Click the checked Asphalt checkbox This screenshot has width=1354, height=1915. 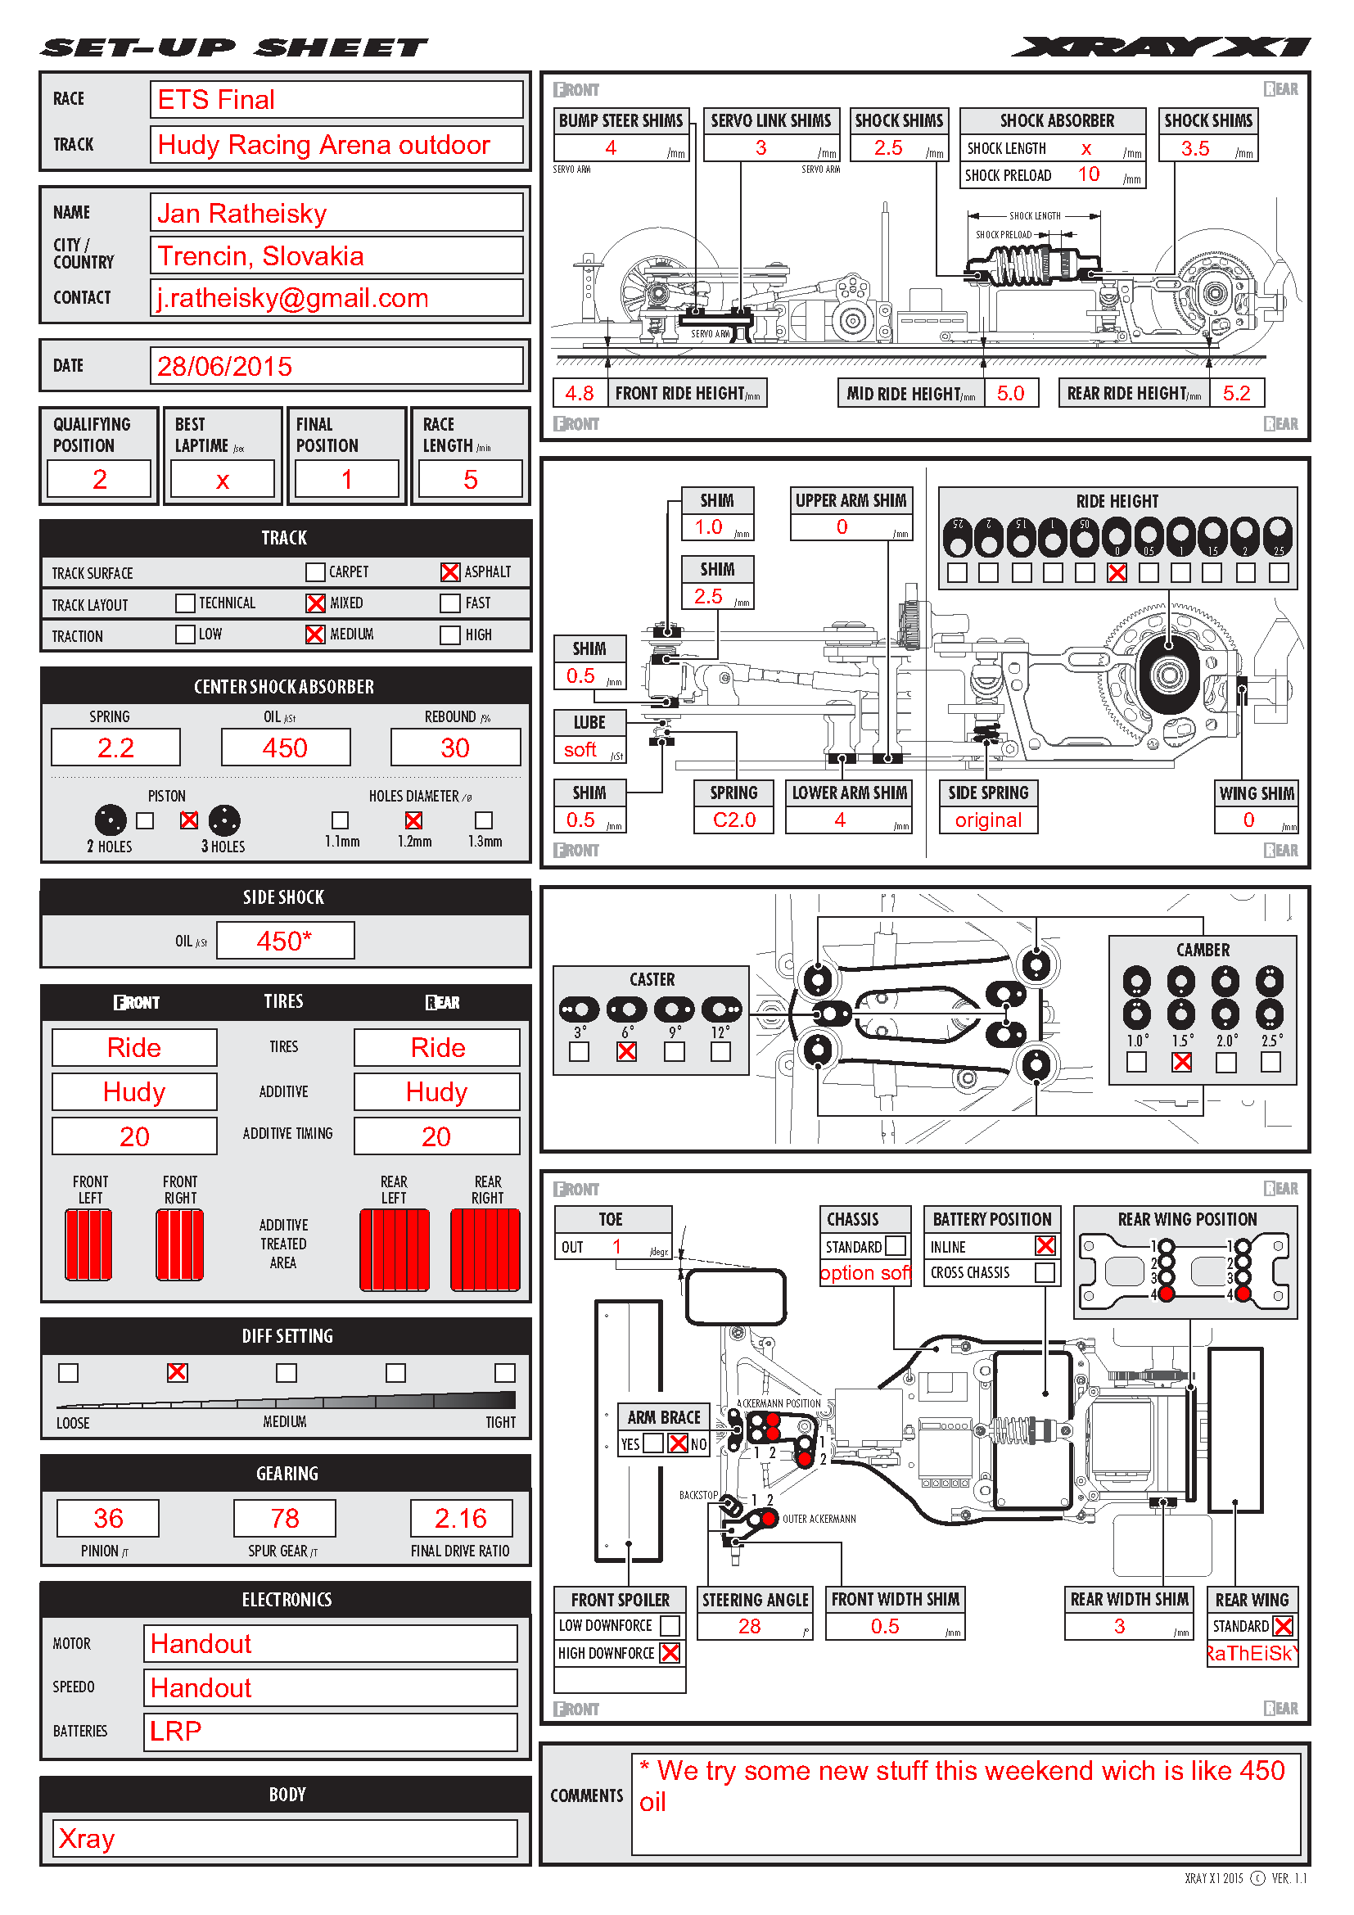[x=449, y=572]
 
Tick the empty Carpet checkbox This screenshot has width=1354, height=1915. [x=315, y=572]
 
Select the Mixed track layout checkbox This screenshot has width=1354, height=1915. [x=315, y=603]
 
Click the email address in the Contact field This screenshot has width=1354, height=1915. [x=292, y=298]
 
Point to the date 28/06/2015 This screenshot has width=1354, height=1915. [x=225, y=366]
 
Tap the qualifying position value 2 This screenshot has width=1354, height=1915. [x=99, y=480]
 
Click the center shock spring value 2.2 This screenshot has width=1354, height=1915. [x=116, y=747]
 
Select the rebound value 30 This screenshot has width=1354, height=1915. [x=455, y=747]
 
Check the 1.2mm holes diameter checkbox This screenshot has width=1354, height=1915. [x=413, y=820]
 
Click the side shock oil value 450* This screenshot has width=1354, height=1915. [x=284, y=941]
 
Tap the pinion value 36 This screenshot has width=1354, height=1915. [x=107, y=1518]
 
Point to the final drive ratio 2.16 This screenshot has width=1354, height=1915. [x=460, y=1518]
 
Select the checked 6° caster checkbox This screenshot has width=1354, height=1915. [x=626, y=1052]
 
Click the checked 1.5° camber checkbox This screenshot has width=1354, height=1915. [x=1181, y=1062]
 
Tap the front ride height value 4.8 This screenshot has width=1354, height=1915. [x=580, y=393]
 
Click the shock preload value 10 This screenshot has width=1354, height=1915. [x=1089, y=174]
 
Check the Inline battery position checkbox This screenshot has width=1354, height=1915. [x=1045, y=1246]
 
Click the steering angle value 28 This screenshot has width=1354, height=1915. [x=750, y=1627]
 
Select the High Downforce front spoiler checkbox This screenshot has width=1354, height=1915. [x=670, y=1653]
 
